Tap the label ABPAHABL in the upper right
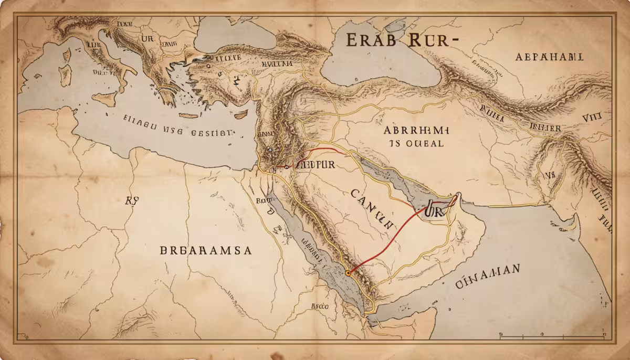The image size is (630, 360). coord(550,57)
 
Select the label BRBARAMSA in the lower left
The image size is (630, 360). coord(206,250)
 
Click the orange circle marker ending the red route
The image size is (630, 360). coord(348,273)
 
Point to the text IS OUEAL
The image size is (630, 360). coord(416,143)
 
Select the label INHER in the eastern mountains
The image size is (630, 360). coord(547,128)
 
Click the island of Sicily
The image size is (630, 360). coord(104,99)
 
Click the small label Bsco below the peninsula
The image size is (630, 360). coord(319,305)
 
